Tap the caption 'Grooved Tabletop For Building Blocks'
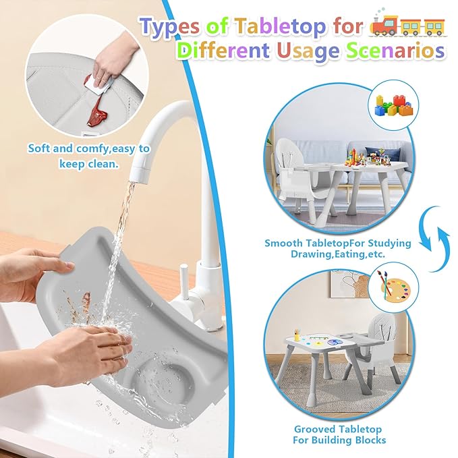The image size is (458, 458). [338, 434]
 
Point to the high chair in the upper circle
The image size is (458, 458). [297, 172]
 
